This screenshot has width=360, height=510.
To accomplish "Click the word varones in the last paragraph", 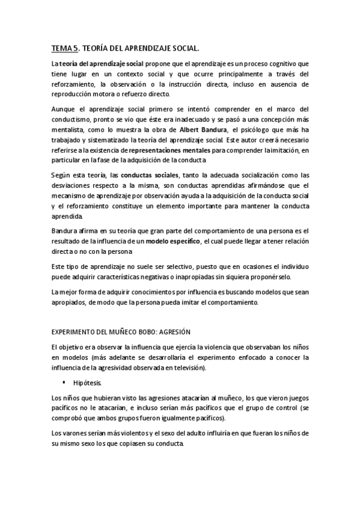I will (73, 433).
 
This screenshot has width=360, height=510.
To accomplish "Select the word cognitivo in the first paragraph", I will (271, 63).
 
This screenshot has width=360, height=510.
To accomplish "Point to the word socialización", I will (248, 174).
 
